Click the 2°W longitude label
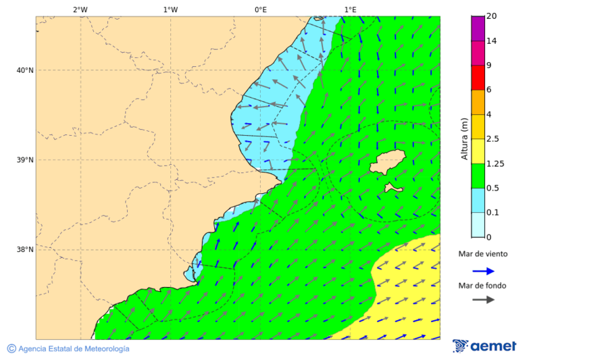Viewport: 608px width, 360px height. (80, 9)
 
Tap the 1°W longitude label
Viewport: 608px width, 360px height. (170, 9)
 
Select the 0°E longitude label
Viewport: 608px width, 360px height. (260, 9)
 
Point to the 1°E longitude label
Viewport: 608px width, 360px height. (350, 9)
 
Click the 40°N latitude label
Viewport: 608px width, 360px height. (24, 70)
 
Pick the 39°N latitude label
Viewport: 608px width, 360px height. (24, 160)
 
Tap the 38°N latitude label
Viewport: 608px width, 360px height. (24, 250)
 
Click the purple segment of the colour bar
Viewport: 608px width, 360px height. (478, 28)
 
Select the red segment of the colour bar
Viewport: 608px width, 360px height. (478, 78)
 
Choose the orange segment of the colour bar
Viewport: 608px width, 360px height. (478, 102)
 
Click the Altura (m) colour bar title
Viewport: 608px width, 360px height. (464, 139)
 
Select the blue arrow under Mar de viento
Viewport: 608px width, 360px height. (483, 271)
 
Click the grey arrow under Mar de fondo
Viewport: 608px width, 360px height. (483, 300)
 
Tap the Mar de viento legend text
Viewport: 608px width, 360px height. (483, 254)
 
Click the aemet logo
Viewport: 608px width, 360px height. (484, 346)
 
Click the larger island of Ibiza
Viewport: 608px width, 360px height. (387, 163)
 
